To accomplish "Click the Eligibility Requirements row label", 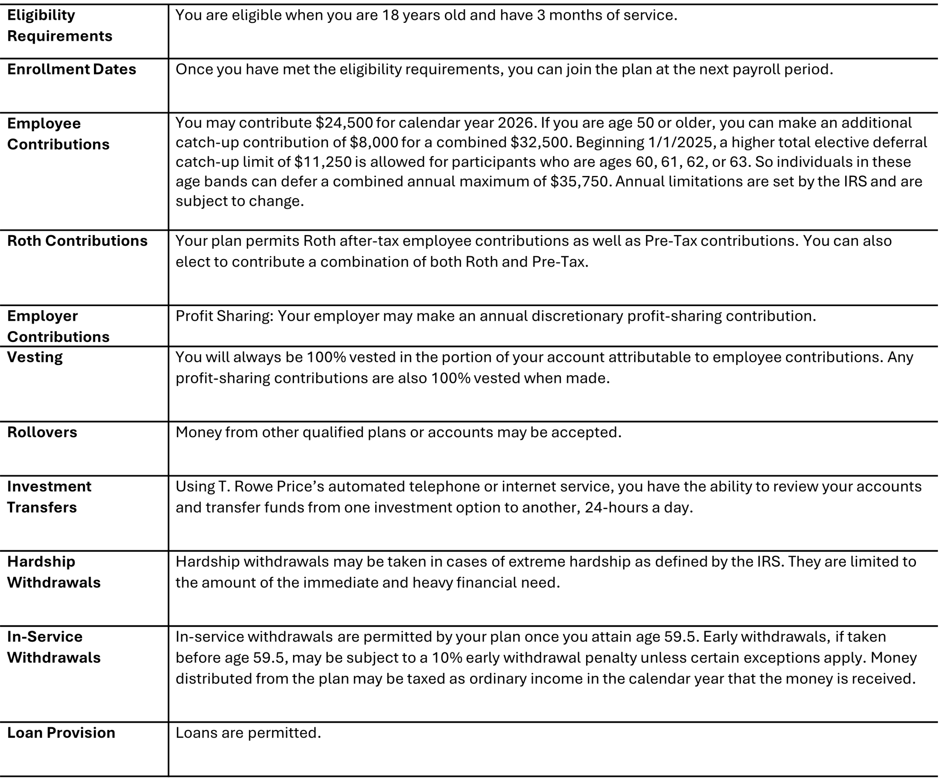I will click(x=59, y=25).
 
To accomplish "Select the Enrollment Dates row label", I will click(x=72, y=69).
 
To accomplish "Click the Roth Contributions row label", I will click(x=77, y=241).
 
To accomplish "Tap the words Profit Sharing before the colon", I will click(x=223, y=316).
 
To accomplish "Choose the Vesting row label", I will click(x=35, y=357).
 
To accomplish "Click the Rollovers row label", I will click(x=42, y=432).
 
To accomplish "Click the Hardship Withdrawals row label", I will click(x=54, y=572).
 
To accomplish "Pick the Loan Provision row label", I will click(x=61, y=733).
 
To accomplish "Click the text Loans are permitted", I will click(x=248, y=733).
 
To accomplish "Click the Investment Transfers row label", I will click(x=49, y=497).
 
